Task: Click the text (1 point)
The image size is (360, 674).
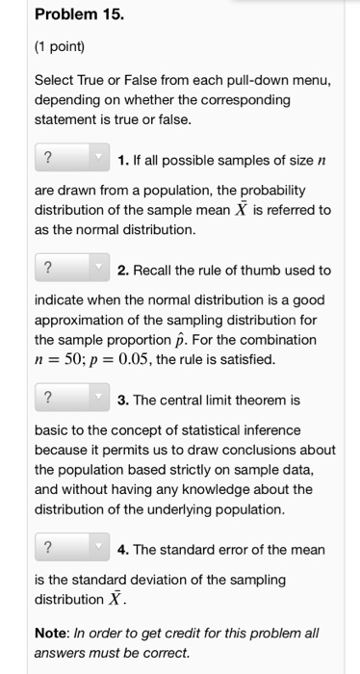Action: [59, 45]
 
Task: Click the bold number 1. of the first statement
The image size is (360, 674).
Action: [123, 159]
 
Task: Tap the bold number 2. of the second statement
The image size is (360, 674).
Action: [123, 270]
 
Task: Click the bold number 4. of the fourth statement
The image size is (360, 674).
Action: [123, 549]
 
